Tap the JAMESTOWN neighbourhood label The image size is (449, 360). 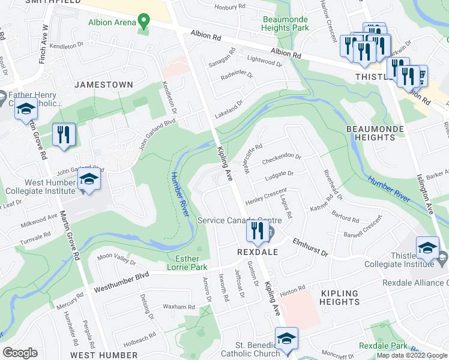(x=103, y=85)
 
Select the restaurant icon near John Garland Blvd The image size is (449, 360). (x=64, y=135)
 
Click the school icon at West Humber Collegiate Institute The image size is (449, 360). (x=89, y=181)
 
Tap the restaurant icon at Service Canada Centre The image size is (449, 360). (x=258, y=232)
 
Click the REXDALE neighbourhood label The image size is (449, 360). (x=256, y=253)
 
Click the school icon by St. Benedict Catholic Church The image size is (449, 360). (x=286, y=339)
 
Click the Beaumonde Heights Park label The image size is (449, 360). (x=286, y=23)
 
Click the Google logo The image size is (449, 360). (x=20, y=353)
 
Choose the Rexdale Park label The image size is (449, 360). (x=382, y=346)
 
